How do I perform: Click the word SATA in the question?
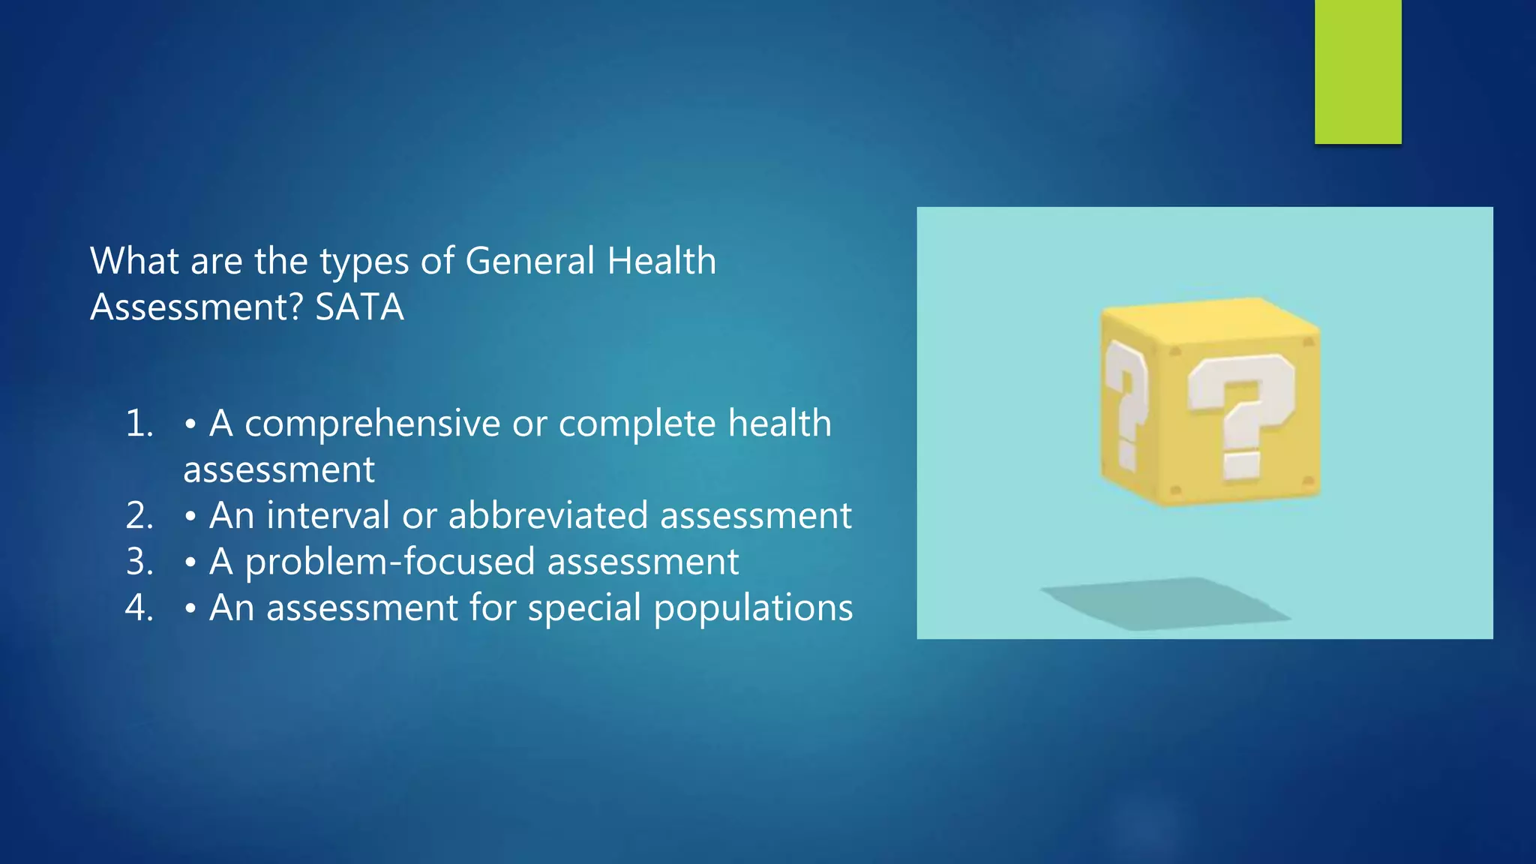[359, 307]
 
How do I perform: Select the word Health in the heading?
[661, 261]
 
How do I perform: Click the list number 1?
[139, 424]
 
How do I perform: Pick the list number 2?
[139, 516]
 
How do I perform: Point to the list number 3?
[139, 562]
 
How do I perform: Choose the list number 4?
[139, 607]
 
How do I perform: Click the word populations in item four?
[753, 609]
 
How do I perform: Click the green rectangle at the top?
[1357, 71]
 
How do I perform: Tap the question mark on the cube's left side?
[1126, 405]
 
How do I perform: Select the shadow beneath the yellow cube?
[1166, 604]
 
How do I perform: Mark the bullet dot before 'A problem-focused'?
[190, 562]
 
